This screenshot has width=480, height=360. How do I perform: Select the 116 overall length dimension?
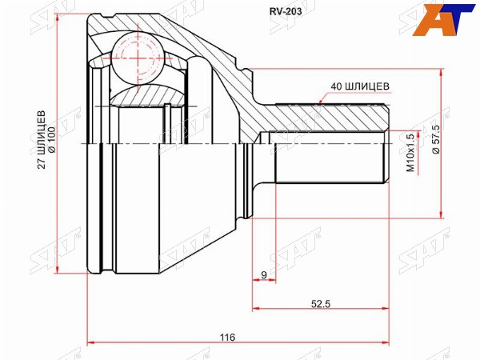pos(228,337)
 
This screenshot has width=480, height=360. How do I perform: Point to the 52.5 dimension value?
pos(321,304)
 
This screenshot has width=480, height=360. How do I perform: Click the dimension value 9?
pos(264,275)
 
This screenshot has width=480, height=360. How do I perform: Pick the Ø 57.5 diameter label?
pos(436,139)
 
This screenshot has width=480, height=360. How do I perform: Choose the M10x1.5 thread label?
pos(410,152)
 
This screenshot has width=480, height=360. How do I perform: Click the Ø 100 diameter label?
pos(51,139)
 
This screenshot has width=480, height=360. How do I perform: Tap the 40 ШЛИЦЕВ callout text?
pos(360,86)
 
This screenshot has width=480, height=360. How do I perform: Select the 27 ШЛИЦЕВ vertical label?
pos(42,139)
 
